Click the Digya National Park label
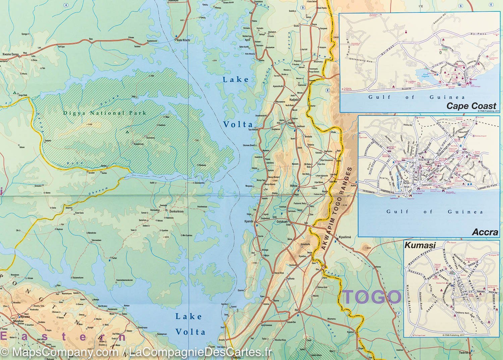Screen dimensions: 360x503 [x=105, y=113]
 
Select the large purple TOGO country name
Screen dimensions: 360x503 [x=372, y=297]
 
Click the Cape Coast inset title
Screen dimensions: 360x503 [x=471, y=106]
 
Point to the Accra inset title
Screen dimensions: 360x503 [x=485, y=232]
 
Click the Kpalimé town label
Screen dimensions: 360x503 [x=345, y=237]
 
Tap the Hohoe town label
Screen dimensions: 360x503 [x=294, y=185]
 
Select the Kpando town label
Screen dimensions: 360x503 [x=249, y=222]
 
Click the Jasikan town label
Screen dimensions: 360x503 [x=301, y=126]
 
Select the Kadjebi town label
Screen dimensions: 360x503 [x=294, y=100]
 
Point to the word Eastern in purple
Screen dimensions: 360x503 [x=64, y=337]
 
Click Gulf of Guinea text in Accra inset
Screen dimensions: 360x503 [x=434, y=212]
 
